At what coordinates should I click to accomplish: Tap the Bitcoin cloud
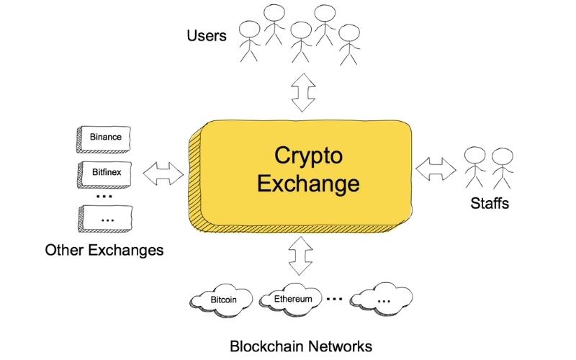[223, 299]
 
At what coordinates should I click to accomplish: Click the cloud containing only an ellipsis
[382, 300]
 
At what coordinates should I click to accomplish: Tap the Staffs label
[490, 204]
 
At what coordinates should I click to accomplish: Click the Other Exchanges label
[104, 251]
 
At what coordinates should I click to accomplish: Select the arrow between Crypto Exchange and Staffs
[436, 168]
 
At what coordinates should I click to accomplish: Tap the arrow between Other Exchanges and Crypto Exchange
[164, 173]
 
